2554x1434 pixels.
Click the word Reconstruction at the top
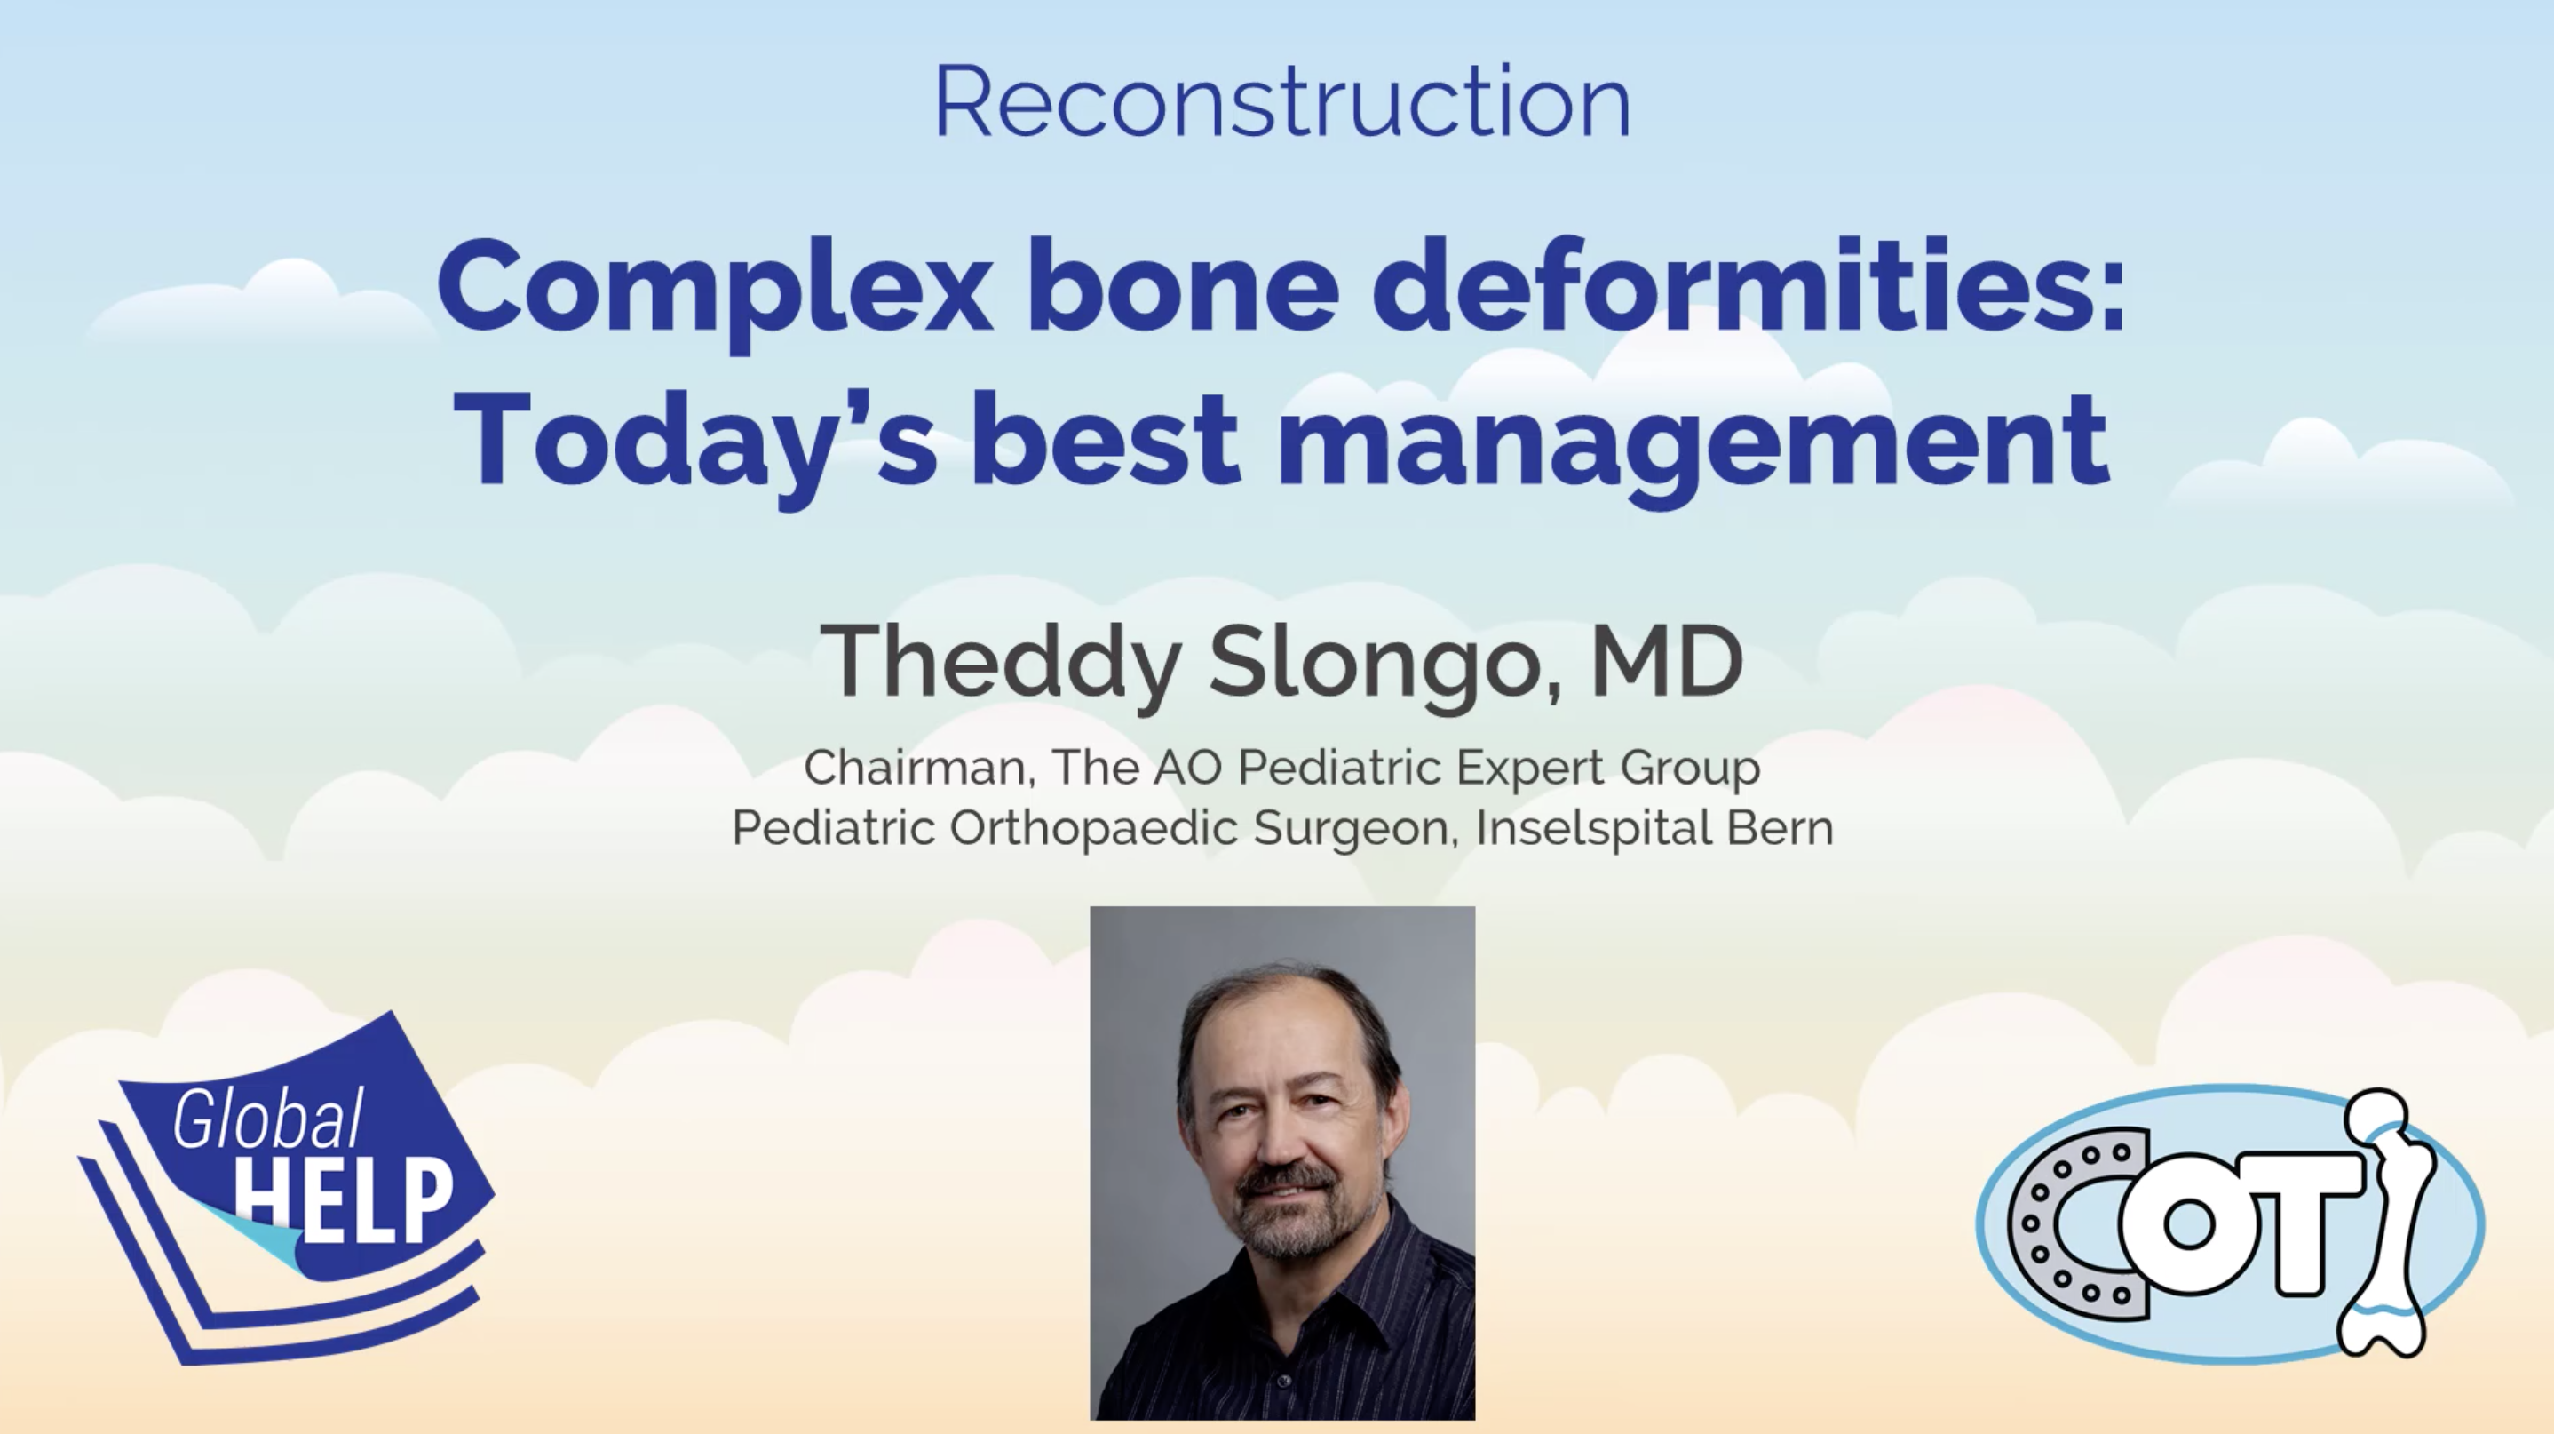point(1282,101)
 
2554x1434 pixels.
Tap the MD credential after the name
point(1667,660)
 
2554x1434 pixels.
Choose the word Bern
point(1781,827)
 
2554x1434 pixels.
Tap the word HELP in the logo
point(343,1201)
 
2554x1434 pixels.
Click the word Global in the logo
point(267,1118)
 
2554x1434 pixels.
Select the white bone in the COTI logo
point(2387,1222)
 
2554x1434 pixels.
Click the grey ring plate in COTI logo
point(2072,1223)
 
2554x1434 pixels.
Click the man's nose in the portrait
point(1279,1141)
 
